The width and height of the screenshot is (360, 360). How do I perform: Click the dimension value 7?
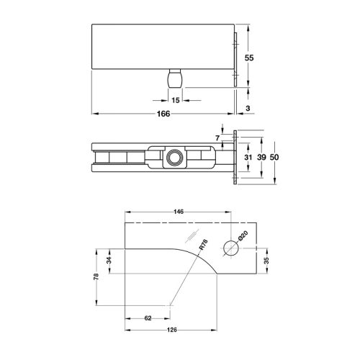click(215, 137)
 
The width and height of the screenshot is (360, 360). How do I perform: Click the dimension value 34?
click(109, 261)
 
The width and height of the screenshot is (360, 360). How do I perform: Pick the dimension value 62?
click(147, 318)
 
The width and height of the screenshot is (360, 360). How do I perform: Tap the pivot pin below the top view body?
click(175, 78)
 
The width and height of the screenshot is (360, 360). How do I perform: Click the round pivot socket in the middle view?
click(174, 157)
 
